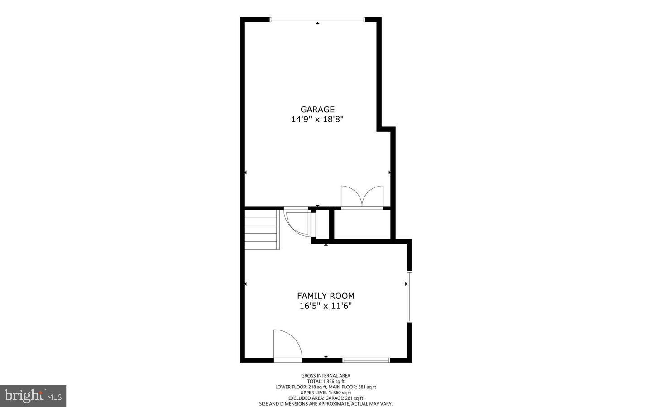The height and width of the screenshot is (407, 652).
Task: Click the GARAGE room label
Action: click(317, 109)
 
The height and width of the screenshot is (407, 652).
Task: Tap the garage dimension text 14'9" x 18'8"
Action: click(317, 120)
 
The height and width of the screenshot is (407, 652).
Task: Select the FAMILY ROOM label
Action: click(326, 296)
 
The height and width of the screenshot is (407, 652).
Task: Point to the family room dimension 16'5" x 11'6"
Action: click(326, 306)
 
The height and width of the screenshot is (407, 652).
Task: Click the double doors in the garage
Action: click(362, 197)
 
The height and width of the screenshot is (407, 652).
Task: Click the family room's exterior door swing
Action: click(287, 345)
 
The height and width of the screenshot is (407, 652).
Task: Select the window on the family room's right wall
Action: click(409, 296)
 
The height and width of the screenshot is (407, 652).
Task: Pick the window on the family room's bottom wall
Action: click(366, 360)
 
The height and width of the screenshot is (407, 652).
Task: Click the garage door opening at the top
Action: click(317, 19)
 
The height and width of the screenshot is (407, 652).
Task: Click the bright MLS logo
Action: click(33, 396)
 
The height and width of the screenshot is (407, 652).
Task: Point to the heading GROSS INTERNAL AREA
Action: click(326, 375)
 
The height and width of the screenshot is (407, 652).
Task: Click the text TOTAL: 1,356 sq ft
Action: click(326, 381)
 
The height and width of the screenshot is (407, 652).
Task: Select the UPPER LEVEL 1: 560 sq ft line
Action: click(326, 393)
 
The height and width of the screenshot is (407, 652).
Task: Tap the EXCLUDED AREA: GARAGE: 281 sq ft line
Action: click(326, 398)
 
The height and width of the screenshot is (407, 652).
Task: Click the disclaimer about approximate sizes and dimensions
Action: click(326, 403)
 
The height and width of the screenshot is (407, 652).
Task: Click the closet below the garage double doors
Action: click(362, 224)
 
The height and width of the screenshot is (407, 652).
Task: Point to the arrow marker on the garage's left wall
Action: click(246, 172)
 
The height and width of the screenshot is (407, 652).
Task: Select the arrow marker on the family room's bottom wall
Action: click(326, 357)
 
